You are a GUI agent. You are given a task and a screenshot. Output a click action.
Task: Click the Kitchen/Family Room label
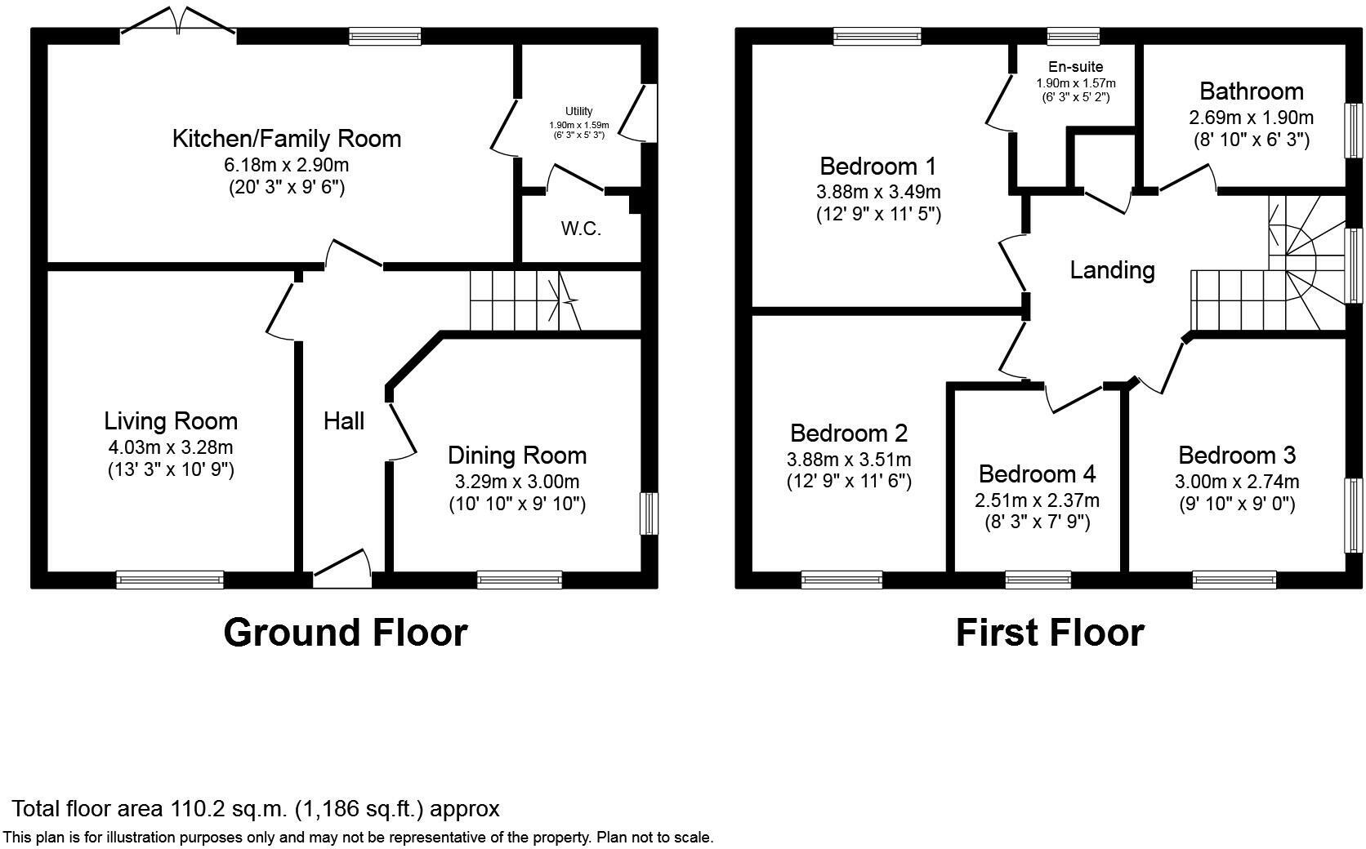coord(286,139)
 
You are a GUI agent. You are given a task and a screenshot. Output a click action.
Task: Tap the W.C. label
coord(581,229)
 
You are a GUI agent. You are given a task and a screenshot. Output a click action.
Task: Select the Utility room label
coord(578,111)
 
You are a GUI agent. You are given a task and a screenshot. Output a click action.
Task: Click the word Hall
coord(343,421)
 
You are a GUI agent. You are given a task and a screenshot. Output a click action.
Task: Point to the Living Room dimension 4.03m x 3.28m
coord(170,447)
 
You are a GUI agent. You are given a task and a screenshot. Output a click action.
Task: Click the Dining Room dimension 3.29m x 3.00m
coord(516,482)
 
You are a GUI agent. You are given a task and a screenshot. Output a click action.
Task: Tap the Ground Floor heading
coord(345,633)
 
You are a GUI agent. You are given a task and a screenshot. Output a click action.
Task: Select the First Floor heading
coord(1049,633)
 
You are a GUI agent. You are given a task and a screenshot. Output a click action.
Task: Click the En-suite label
coord(1075,67)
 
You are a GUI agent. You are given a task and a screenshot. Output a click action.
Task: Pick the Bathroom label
coord(1251,91)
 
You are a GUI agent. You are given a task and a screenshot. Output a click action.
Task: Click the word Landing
coord(1112,270)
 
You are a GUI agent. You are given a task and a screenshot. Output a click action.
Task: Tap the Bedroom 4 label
coord(1037,474)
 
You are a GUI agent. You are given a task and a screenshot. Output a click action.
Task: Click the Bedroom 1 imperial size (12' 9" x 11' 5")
coord(878,215)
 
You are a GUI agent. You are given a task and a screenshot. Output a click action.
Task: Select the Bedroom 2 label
coord(849,433)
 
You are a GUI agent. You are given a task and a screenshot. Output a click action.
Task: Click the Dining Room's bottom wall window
coord(520,580)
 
